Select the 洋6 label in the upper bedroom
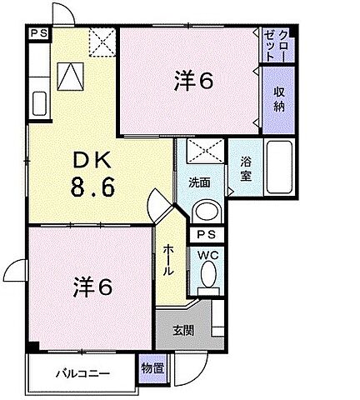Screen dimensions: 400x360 194,82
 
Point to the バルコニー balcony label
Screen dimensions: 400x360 83,372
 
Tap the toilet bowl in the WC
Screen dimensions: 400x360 208,275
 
